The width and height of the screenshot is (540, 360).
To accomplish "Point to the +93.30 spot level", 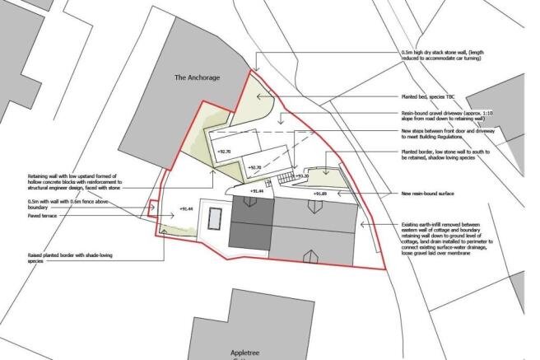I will tap(301, 175).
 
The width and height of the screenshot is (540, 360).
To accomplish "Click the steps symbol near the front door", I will tap(285, 177).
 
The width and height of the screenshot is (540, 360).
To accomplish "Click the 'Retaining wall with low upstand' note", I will tap(74, 182).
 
